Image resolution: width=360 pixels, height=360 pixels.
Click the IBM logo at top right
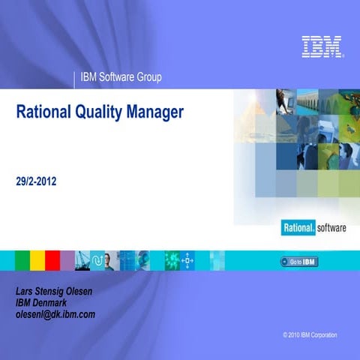pyautogui.click(x=322, y=46)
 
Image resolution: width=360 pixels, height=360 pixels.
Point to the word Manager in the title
pyautogui.click(x=156, y=113)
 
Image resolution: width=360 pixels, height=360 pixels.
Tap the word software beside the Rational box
pyautogui.click(x=331, y=228)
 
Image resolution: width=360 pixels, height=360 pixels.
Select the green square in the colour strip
pyautogui.click(x=22, y=260)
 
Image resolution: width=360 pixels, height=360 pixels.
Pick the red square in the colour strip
pyautogui.click(x=52, y=260)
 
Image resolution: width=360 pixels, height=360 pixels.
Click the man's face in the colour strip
pyautogui.click(x=108, y=260)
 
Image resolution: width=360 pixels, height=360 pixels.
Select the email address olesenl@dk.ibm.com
pyautogui.click(x=55, y=314)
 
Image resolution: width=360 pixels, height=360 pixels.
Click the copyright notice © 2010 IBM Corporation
pyautogui.click(x=310, y=334)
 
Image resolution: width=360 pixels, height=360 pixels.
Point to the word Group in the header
pyautogui.click(x=148, y=77)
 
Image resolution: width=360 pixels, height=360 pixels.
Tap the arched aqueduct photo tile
pyautogui.click(x=308, y=100)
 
